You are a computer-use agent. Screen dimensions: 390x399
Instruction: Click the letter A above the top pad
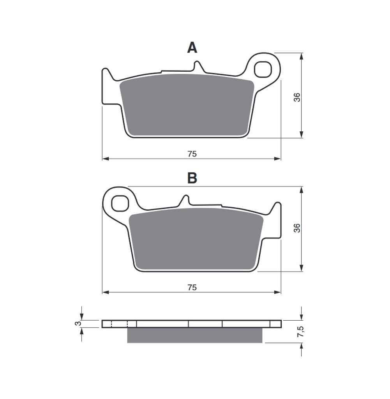[x=192, y=48]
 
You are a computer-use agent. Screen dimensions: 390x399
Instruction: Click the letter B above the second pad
[x=192, y=178]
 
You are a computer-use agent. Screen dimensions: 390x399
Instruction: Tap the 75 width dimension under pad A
[x=192, y=154]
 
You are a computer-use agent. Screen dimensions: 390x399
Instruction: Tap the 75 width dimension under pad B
[x=192, y=288]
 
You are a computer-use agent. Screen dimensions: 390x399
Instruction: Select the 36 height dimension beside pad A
[x=297, y=97]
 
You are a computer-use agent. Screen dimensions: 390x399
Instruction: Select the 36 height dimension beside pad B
[x=297, y=228]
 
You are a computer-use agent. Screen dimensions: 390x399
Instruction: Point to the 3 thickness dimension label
[x=79, y=323]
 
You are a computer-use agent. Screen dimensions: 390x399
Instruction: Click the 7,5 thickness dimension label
[x=300, y=332]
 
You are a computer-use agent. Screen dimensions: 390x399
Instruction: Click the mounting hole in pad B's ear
[x=120, y=203]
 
